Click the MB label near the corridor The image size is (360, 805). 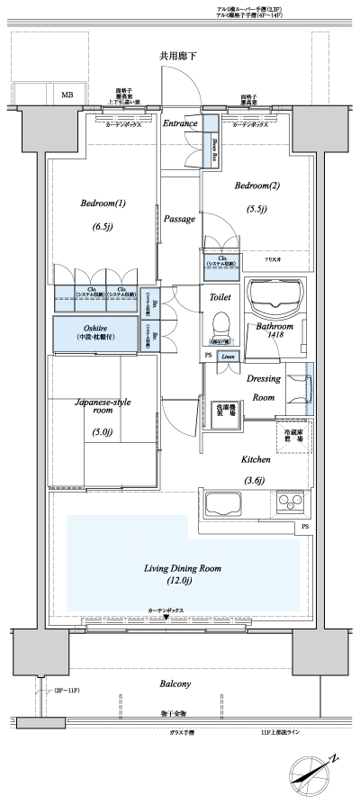(67, 95)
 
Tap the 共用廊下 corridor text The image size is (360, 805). (178, 56)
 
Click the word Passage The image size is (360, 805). (180, 219)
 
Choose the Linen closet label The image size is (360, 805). (229, 357)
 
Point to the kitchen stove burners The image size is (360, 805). (290, 501)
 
